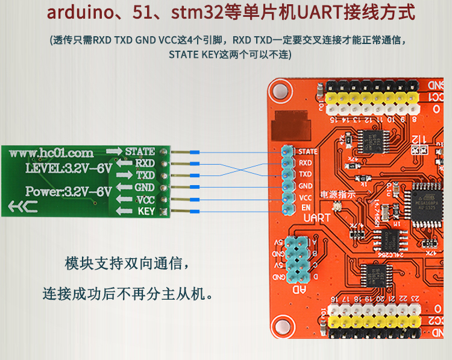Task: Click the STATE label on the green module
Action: pos(140,151)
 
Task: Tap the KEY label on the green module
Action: pos(146,211)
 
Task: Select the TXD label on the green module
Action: pos(145,175)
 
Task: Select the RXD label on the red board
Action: pos(306,163)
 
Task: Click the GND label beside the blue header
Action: pos(306,186)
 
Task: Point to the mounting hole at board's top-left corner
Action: pos(279,90)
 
